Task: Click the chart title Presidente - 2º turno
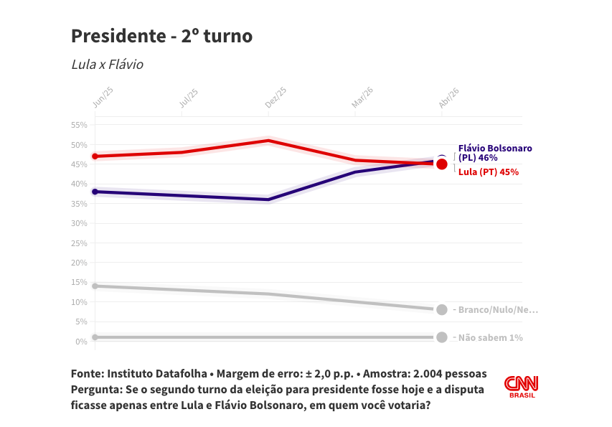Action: pos(161,36)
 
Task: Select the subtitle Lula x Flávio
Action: pos(107,65)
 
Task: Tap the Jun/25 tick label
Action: pos(103,98)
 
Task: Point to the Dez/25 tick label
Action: pos(276,98)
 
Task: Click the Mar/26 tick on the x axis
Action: pos(362,98)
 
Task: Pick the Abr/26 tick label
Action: pos(448,98)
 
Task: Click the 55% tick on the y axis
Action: pos(79,125)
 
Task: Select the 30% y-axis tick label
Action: pos(79,223)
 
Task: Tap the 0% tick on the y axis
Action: pos(81,342)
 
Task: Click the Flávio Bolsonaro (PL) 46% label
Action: pos(495,153)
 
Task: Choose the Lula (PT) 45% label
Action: pos(488,172)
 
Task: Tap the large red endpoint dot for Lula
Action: pos(442,164)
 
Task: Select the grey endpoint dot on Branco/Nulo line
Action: pos(442,309)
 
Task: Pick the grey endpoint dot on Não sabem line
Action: pos(442,337)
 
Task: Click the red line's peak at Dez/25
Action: pos(268,141)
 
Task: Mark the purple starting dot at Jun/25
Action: pos(95,192)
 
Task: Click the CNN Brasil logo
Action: pos(521,387)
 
